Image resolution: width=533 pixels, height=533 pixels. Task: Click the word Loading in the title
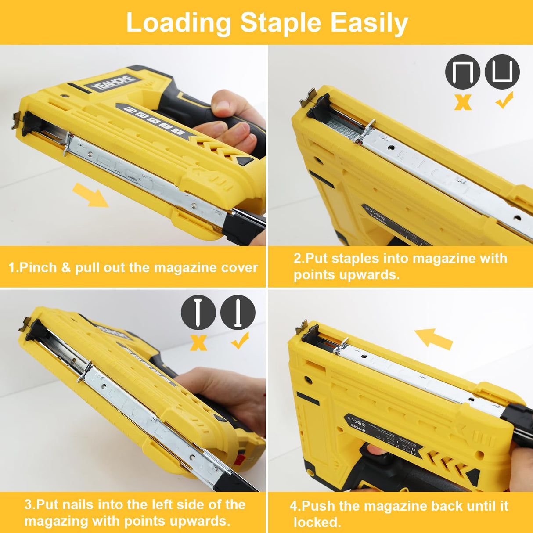(x=178, y=23)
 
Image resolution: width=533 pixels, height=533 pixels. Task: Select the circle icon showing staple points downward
(x=462, y=72)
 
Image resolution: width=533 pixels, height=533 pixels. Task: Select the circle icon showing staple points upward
(x=502, y=72)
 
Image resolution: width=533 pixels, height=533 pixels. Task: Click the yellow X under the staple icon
(x=463, y=102)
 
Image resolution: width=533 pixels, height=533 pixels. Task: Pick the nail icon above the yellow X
(x=198, y=312)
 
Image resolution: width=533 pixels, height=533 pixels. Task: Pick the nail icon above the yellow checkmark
(x=238, y=312)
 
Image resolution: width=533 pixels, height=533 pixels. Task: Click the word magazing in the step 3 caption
(x=56, y=521)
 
